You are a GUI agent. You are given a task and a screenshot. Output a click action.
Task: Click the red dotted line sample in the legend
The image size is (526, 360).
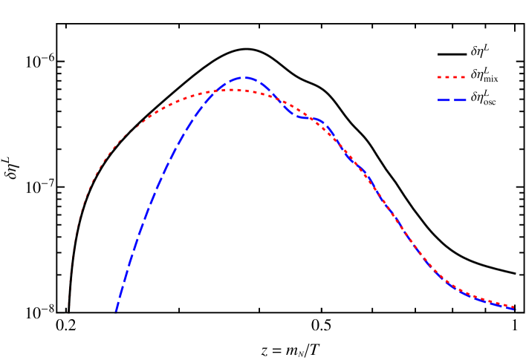[x=452, y=77]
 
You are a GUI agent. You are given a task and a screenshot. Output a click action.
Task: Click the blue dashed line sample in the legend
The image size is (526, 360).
[x=452, y=100]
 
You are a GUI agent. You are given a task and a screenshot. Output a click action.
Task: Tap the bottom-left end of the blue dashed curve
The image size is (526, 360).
[x=116, y=312]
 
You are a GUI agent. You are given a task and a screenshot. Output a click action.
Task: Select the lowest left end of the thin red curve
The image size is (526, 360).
[x=68, y=304]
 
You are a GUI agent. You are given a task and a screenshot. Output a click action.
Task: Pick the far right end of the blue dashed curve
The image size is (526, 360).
[x=515, y=309]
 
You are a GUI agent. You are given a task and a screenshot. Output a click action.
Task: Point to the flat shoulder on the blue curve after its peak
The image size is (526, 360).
[x=307, y=117]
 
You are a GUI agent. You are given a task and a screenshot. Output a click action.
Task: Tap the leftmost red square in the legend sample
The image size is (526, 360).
[x=440, y=77]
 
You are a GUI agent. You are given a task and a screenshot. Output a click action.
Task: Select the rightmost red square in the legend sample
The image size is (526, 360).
[x=463, y=77]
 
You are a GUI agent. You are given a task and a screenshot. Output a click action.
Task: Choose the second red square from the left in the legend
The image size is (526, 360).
[x=447, y=77]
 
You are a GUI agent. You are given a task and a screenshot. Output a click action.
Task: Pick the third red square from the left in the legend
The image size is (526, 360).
[x=455, y=77]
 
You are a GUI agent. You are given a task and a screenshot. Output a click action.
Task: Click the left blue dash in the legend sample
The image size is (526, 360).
[x=443, y=100]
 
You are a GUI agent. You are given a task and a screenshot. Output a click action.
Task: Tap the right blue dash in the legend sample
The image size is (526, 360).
[x=460, y=100]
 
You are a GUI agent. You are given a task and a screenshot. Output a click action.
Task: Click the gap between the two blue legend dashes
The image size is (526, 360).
[x=451, y=100]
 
